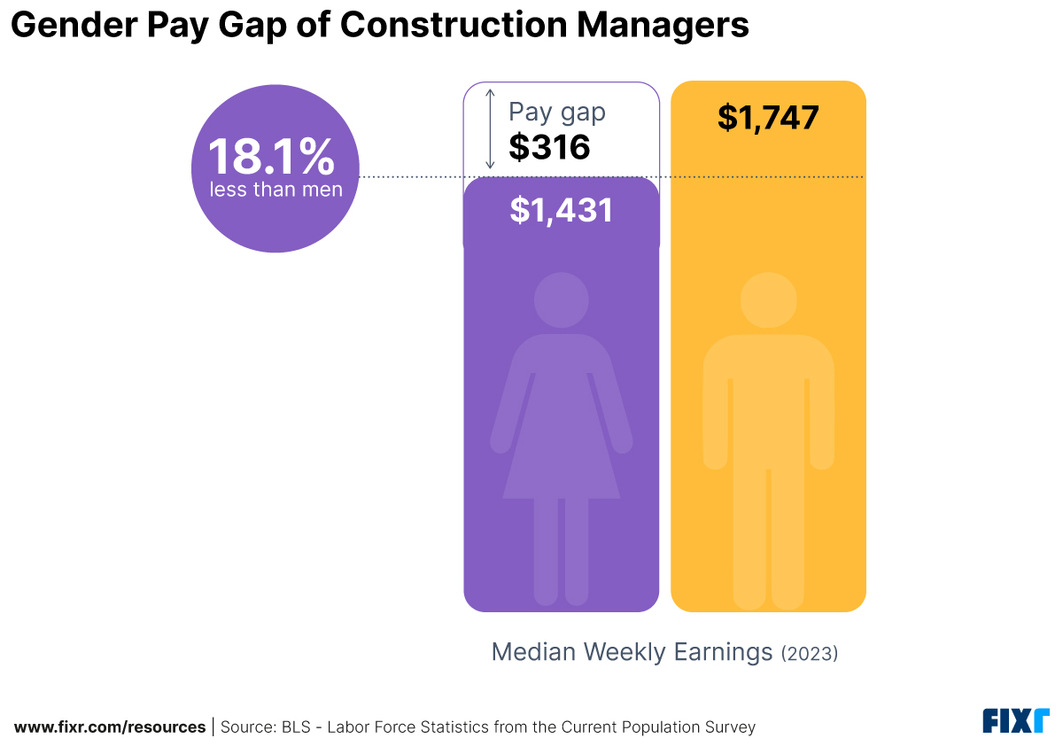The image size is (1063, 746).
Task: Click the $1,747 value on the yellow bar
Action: (768, 118)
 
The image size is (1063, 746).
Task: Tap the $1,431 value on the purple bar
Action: (561, 210)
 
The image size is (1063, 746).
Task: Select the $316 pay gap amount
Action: (549, 147)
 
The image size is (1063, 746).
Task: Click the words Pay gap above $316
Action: (556, 113)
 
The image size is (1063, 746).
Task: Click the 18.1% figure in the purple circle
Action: (271, 157)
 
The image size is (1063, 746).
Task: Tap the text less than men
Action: (275, 190)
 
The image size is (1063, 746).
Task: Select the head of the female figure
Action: (561, 299)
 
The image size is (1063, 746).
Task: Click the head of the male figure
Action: (768, 299)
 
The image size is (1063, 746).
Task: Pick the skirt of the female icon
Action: (561, 443)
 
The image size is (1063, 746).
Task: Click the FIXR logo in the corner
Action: (1015, 721)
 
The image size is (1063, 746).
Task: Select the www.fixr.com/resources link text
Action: (110, 727)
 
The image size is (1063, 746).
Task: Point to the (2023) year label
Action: (809, 654)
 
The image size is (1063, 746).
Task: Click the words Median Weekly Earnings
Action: (632, 652)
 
